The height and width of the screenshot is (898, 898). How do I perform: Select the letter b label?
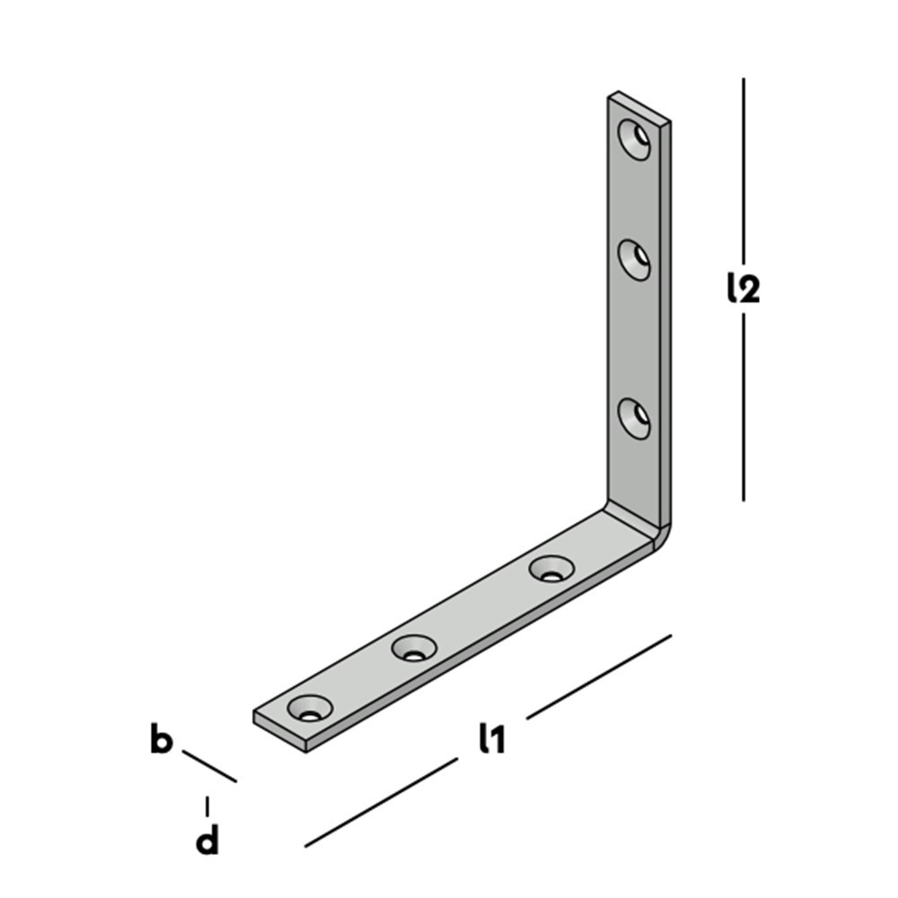[x=161, y=742]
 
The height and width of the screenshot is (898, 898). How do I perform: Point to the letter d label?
[x=207, y=841]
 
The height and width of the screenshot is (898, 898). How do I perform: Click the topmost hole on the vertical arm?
[x=635, y=138]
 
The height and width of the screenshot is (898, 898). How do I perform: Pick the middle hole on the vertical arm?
[x=635, y=260]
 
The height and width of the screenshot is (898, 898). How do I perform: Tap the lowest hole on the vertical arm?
[x=635, y=418]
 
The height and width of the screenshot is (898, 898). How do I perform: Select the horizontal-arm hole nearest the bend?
[x=551, y=568]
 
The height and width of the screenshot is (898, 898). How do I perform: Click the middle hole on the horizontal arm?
[x=414, y=647]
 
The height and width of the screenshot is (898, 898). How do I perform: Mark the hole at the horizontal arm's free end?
[x=310, y=708]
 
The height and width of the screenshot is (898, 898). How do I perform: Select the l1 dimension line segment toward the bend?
[x=599, y=676]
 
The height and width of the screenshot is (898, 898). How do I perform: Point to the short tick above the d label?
[x=207, y=806]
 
